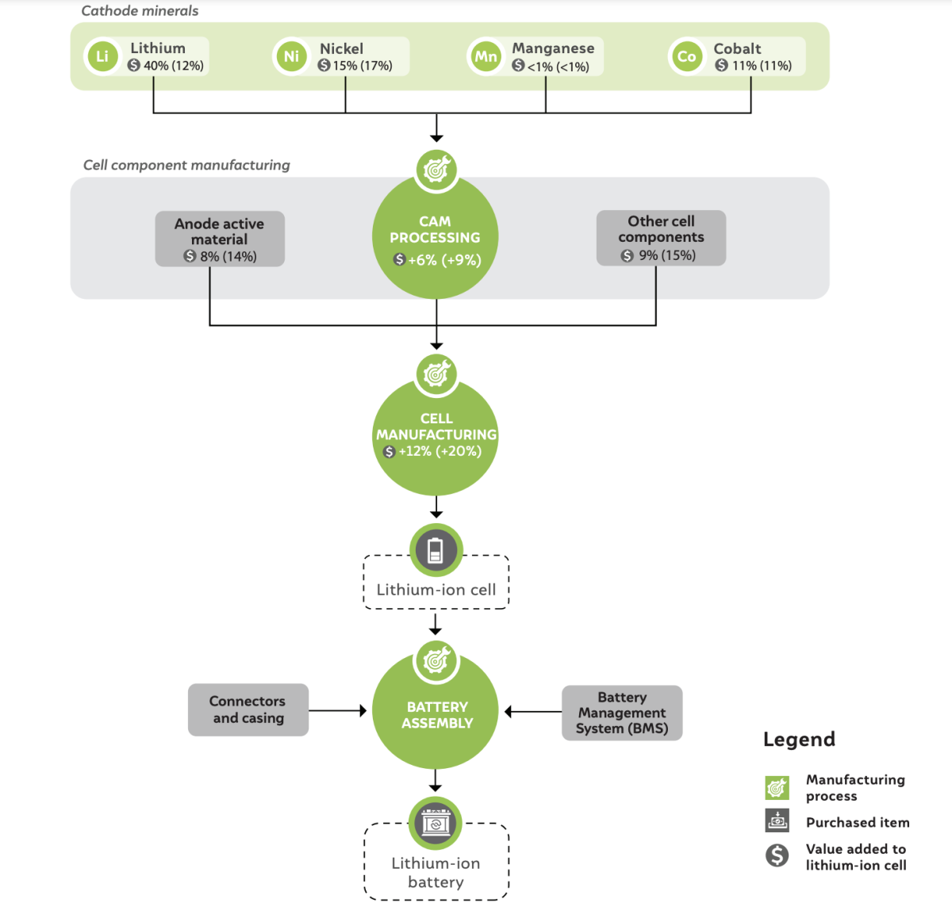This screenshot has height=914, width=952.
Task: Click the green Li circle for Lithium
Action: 102,56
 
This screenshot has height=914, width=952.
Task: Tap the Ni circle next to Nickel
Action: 292,56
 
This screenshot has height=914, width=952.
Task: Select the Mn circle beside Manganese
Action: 486,56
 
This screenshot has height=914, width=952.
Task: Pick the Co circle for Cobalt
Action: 686,56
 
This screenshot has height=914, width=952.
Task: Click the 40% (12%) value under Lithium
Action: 174,66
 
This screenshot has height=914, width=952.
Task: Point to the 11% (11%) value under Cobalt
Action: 762,66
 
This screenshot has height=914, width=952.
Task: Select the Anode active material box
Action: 220,239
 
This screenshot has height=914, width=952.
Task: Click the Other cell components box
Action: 661,238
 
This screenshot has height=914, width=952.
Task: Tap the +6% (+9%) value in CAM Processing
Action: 444,259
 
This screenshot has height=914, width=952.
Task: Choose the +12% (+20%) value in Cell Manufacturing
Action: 440,450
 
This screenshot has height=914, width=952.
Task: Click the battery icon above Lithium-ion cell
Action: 436,550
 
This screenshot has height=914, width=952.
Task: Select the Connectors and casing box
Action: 248,709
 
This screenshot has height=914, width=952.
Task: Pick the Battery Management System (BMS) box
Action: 622,712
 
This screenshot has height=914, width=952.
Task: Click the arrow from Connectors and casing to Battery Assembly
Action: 337,710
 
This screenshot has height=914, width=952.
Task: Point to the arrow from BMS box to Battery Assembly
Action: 533,712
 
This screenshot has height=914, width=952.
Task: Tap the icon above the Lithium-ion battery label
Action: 436,823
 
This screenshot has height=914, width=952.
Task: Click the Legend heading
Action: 799,739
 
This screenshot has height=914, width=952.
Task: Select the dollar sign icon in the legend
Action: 777,855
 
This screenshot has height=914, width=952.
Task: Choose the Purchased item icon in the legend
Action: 777,820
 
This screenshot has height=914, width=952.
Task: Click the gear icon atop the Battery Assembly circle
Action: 436,661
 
